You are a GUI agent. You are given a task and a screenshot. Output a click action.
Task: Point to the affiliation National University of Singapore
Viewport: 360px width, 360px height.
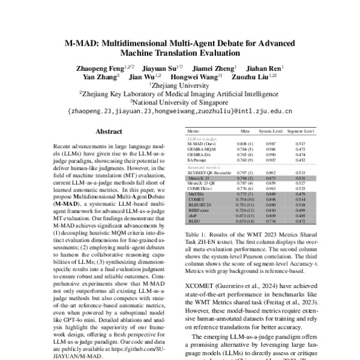(x=179, y=102)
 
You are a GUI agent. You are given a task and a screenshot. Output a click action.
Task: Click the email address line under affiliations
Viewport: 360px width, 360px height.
(x=180, y=111)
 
